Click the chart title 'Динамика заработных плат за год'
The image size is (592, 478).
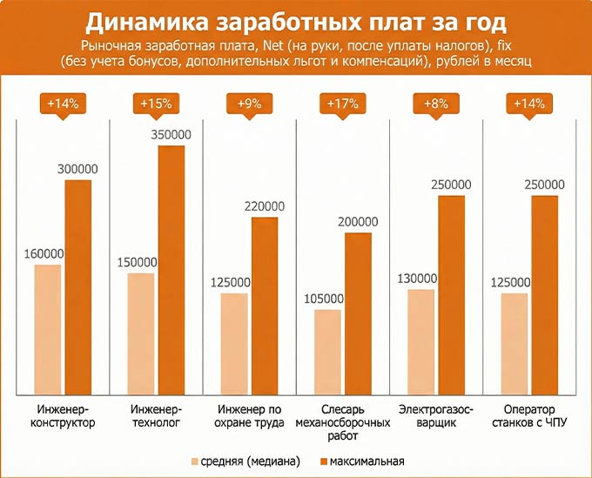click(296, 21)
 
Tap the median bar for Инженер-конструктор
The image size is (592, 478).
click(48, 327)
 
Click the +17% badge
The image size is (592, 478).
click(342, 104)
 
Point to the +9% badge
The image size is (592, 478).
click(249, 104)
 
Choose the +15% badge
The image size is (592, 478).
click(156, 104)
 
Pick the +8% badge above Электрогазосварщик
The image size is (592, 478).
click(435, 104)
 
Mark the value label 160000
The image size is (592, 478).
click(44, 253)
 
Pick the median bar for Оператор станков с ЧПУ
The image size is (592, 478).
click(515, 342)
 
